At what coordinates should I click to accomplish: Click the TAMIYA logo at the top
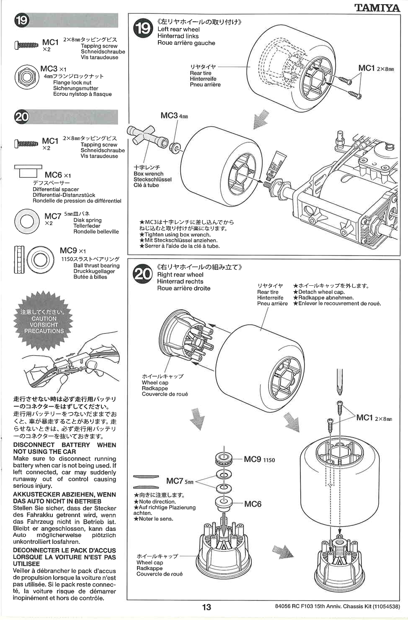377,8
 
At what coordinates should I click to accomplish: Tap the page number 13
207,607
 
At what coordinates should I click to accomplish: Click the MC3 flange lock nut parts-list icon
26,77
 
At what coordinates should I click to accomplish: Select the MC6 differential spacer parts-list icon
28,172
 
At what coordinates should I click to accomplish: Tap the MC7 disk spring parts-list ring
27,221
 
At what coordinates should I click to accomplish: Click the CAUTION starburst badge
44,321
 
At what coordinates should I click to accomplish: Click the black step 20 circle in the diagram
143,274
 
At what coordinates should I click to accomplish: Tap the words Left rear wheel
178,29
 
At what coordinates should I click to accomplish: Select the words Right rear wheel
180,274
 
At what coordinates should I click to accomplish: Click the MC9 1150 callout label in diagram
259,459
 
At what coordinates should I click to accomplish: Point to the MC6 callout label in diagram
253,504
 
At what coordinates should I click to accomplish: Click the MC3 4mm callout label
174,115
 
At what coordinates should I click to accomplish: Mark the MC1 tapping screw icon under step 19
26,45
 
